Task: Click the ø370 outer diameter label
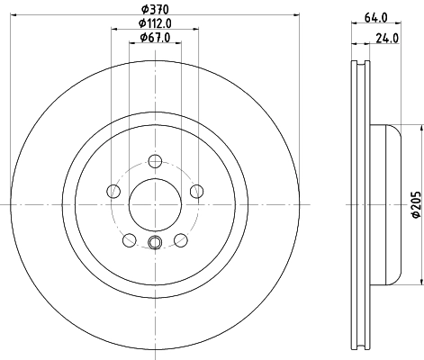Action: [x=155, y=10]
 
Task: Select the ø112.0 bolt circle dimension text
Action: [x=155, y=24]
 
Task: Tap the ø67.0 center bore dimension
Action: [x=155, y=39]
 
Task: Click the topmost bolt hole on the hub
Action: [x=155, y=161]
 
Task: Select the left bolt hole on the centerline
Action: [x=113, y=190]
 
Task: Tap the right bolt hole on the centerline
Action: [x=197, y=190]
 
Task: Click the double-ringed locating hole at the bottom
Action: [x=155, y=241]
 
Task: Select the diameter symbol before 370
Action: [x=143, y=10]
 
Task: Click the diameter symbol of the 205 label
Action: [x=416, y=214]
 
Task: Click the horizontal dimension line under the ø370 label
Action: [x=155, y=16]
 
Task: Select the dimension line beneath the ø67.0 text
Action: [x=155, y=45]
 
